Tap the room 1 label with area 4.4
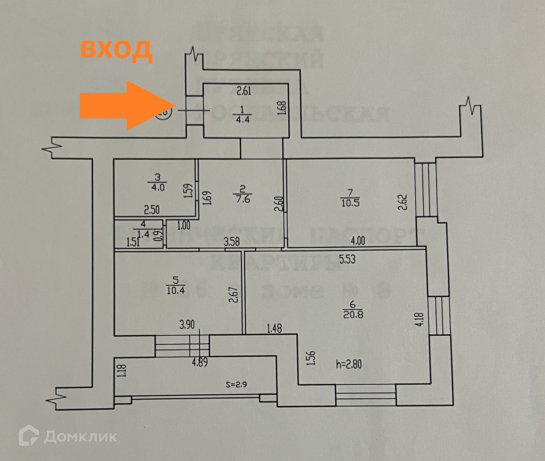[x=242, y=114]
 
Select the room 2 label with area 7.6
[x=243, y=194]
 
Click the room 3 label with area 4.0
[x=158, y=183]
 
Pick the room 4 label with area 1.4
[x=143, y=229]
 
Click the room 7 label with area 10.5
[x=350, y=198]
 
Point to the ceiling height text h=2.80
[x=349, y=364]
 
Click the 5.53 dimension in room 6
[x=347, y=259]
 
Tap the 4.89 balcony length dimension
[x=200, y=362]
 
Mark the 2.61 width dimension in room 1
[x=244, y=91]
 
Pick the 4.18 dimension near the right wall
[x=420, y=319]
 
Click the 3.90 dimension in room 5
[x=187, y=325]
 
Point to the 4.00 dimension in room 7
[x=358, y=241]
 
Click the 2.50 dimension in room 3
[x=152, y=210]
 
